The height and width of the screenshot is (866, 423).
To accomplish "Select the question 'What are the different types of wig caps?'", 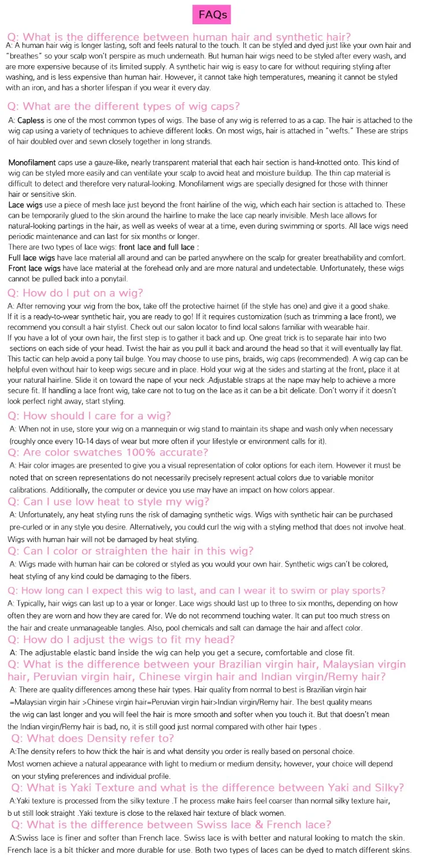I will pyautogui.click(x=124, y=106).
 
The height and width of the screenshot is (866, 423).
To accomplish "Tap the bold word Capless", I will pyautogui.click(x=31, y=121).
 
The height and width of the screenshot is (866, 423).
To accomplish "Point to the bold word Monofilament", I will pyautogui.click(x=32, y=163).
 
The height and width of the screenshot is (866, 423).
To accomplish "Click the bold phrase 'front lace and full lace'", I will pyautogui.click(x=157, y=247).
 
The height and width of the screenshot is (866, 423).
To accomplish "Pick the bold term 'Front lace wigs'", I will pyautogui.click(x=34, y=268).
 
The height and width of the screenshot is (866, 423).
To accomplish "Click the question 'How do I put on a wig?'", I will pyautogui.click(x=75, y=293).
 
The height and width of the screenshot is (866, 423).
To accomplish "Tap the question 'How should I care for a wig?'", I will pyautogui.click(x=89, y=416).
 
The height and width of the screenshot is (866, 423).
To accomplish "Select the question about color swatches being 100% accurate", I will pyautogui.click(x=108, y=453).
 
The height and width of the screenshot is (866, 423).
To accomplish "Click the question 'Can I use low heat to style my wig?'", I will pyautogui.click(x=108, y=502).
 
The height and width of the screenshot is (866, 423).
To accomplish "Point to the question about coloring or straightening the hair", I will pyautogui.click(x=130, y=551).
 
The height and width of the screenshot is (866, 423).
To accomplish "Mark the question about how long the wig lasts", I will pyautogui.click(x=196, y=591).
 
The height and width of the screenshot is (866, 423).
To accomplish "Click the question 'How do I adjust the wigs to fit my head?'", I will pyautogui.click(x=121, y=640).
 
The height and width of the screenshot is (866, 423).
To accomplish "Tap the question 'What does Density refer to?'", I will pyautogui.click(x=92, y=738).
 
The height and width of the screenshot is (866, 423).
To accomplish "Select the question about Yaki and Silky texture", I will pyautogui.click(x=207, y=788).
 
